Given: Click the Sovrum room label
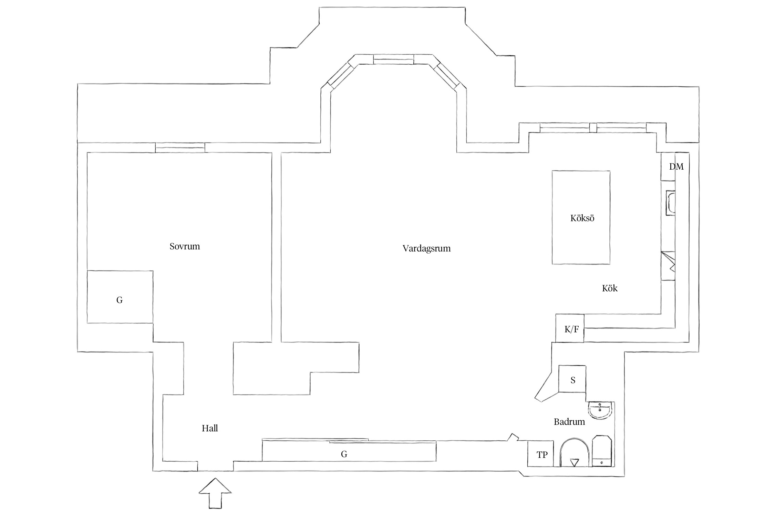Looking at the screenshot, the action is click(x=185, y=246).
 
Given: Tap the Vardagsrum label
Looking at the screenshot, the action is click(x=426, y=248).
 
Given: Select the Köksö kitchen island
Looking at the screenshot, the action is click(x=581, y=217).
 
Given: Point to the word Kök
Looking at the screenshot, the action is click(x=610, y=288).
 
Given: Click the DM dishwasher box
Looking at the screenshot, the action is click(x=668, y=166).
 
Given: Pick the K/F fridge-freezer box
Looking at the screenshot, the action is click(x=570, y=328).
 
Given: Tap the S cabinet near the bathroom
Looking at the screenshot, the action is click(x=572, y=379).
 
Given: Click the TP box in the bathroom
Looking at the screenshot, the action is click(x=541, y=454).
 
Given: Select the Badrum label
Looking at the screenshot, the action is click(x=569, y=422).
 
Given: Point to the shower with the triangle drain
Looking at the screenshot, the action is click(x=574, y=453).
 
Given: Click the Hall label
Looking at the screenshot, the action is click(x=210, y=428).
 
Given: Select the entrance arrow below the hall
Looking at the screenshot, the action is click(x=215, y=493).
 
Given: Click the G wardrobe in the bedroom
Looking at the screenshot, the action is click(x=120, y=297).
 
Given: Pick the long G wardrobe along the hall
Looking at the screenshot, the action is click(x=349, y=451).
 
